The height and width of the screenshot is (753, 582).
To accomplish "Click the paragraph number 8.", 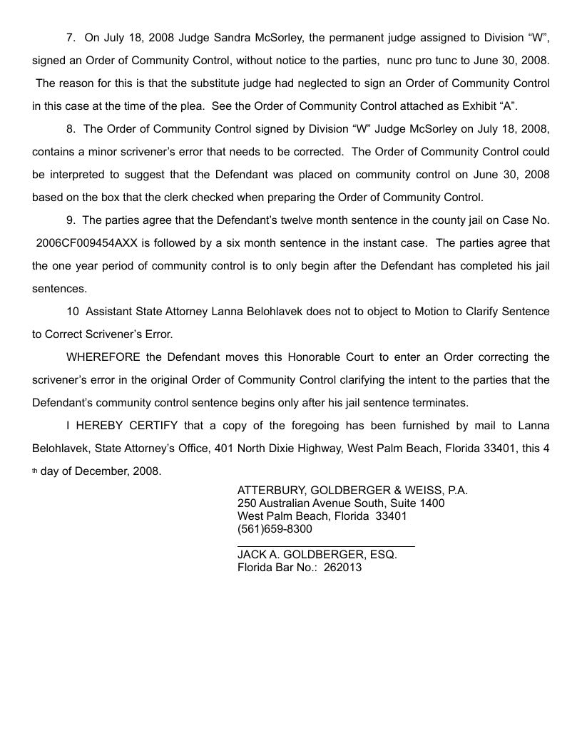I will click(x=70, y=129).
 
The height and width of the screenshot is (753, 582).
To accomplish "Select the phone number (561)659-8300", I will click(x=275, y=528).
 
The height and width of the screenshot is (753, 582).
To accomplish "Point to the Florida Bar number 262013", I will click(x=342, y=568).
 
